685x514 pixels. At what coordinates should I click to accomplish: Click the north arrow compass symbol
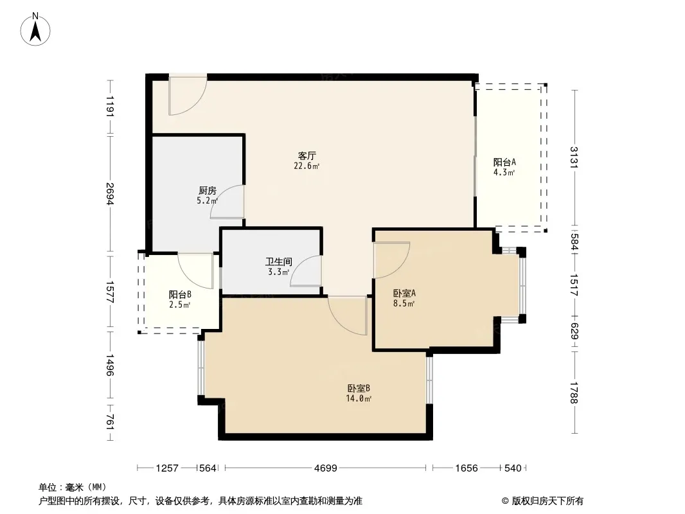[x=35, y=30]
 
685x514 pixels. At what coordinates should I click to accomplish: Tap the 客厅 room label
[x=307, y=155]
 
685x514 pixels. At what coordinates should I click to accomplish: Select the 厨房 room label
[x=207, y=190]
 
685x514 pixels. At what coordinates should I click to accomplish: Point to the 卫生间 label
[x=279, y=261]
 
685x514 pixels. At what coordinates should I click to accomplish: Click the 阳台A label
[x=504, y=162]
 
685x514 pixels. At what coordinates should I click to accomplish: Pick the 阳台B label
[x=180, y=294]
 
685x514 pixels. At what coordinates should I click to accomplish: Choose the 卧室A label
[x=404, y=293]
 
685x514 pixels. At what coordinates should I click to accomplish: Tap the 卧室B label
[x=359, y=388]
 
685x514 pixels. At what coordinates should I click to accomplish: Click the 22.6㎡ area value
[x=307, y=166]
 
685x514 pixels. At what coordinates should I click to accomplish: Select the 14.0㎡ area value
[x=359, y=399]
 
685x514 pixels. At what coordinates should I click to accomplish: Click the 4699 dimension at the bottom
[x=325, y=468]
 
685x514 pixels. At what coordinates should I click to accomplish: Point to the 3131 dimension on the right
[x=574, y=157]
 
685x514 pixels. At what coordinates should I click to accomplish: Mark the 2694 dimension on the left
[x=110, y=193]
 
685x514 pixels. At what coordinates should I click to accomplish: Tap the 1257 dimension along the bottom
[x=167, y=468]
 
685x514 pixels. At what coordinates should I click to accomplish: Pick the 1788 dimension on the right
[x=574, y=393]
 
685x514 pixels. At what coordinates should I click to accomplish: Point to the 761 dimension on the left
[x=110, y=422]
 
